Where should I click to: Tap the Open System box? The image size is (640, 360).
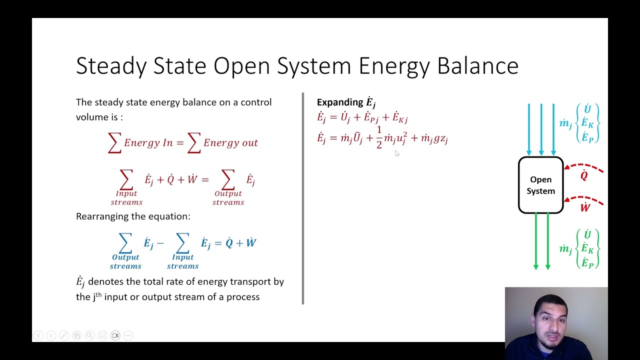(x=540, y=185)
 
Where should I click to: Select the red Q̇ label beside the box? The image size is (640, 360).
(x=584, y=175)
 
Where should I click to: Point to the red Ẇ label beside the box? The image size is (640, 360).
(x=585, y=207)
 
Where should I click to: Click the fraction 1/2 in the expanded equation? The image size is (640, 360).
(x=379, y=137)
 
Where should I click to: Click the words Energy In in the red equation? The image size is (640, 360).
(x=148, y=143)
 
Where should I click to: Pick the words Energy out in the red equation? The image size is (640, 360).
(x=230, y=143)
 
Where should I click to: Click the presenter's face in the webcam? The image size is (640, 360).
(x=550, y=320)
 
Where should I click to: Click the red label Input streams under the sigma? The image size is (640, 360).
(x=126, y=198)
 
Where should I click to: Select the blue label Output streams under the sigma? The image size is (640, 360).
(x=125, y=261)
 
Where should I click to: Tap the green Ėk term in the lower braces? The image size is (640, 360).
(x=587, y=248)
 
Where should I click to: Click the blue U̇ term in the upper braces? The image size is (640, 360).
(x=587, y=109)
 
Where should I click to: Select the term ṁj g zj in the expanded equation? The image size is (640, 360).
(x=434, y=138)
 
